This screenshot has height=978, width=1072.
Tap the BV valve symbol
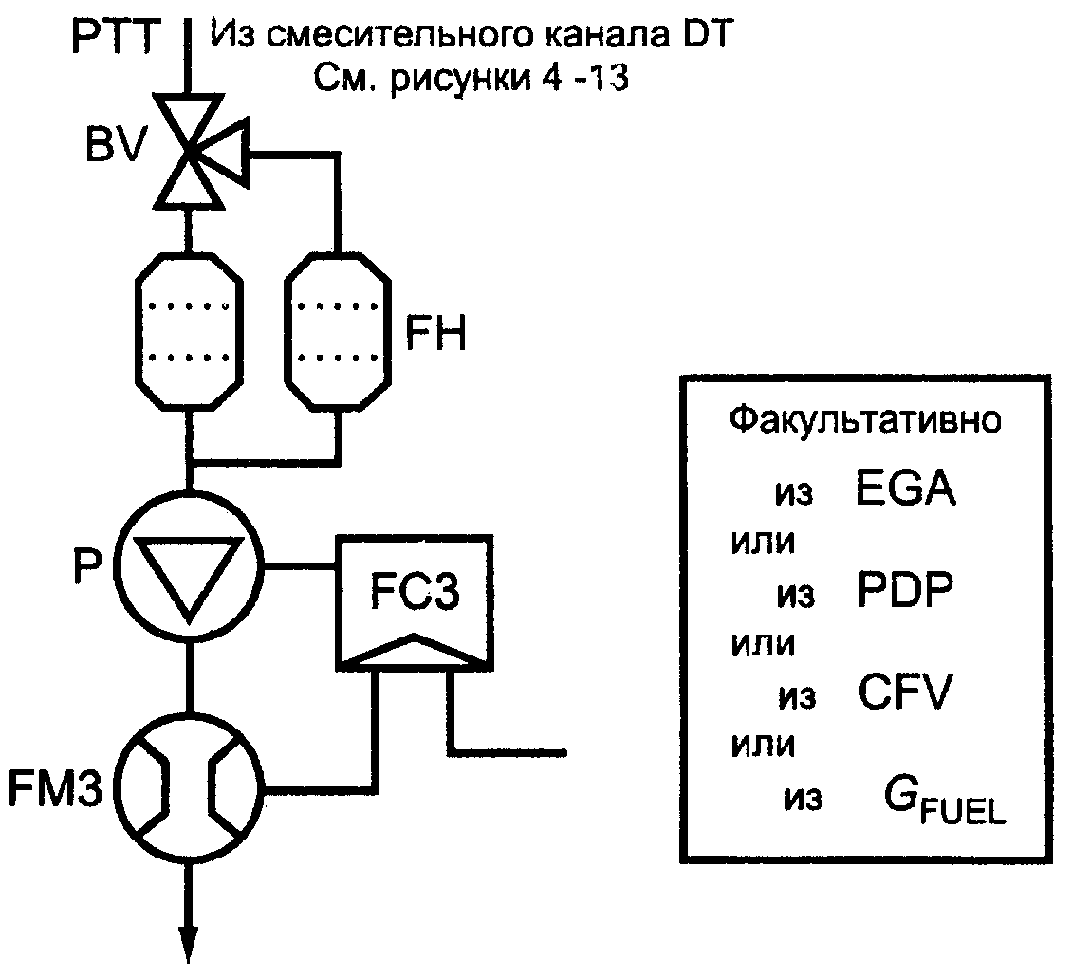click(x=199, y=152)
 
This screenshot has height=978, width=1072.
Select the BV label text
click(x=116, y=145)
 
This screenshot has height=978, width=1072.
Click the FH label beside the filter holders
click(x=435, y=333)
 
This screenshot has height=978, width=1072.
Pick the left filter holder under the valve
click(x=190, y=331)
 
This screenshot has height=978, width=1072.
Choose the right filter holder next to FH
click(x=338, y=331)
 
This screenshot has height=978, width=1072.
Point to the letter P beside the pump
click(x=87, y=567)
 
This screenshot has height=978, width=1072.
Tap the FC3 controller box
click(x=415, y=602)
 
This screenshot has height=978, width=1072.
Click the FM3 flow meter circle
click(x=189, y=788)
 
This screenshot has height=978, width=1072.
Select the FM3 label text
click(x=55, y=788)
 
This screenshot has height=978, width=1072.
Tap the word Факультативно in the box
click(x=864, y=418)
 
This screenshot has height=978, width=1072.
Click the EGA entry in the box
click(x=905, y=488)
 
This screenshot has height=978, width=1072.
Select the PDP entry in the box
click(x=904, y=590)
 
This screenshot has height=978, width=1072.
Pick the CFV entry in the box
click(x=904, y=692)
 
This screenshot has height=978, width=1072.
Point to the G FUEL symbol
click(x=945, y=801)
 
